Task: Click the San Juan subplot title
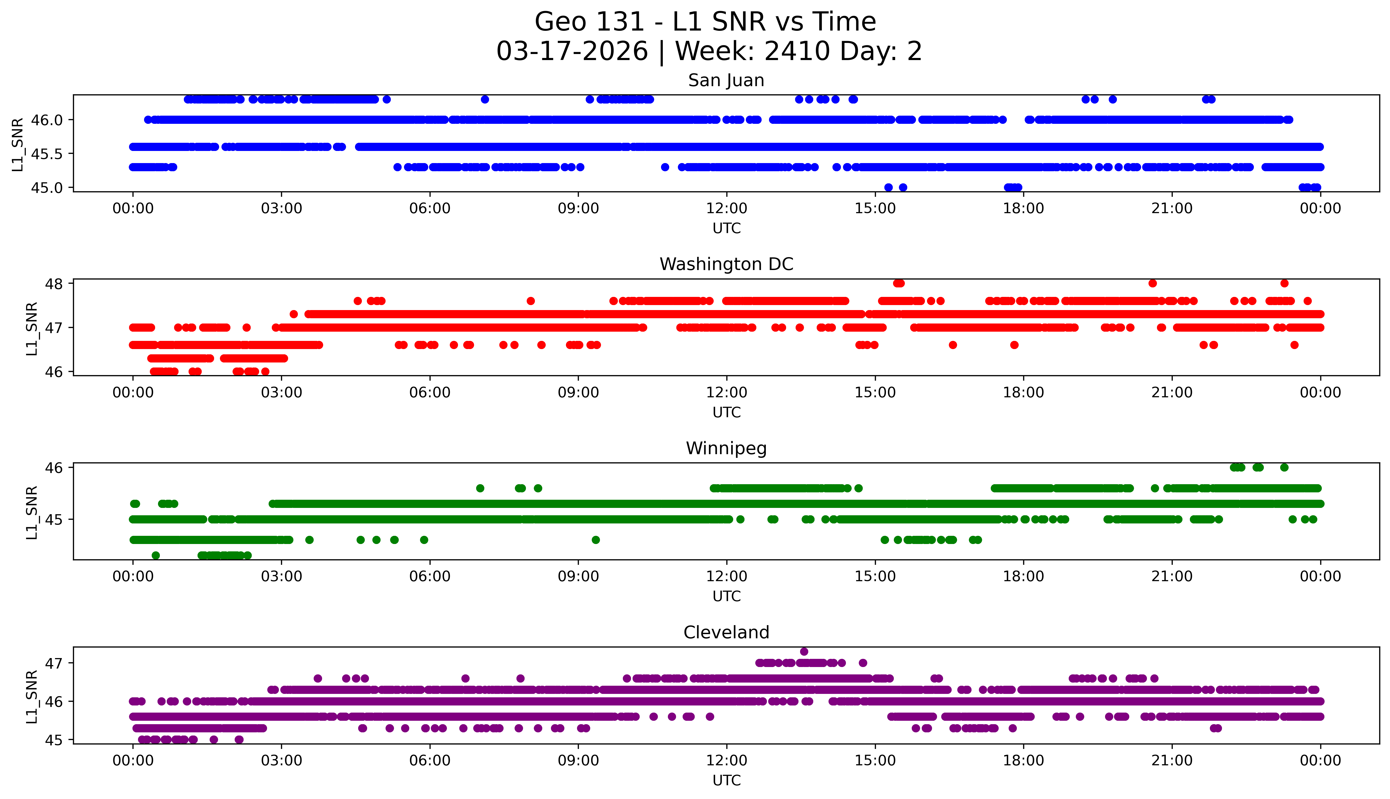[x=726, y=81]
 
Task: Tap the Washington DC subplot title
[x=726, y=264]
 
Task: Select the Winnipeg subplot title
[x=726, y=449]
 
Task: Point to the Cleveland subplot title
[x=726, y=633]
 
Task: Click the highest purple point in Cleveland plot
[x=804, y=651]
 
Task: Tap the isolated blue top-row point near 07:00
[x=484, y=99]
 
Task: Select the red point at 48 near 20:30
[x=1152, y=283]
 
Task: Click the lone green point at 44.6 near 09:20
[x=596, y=540]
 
